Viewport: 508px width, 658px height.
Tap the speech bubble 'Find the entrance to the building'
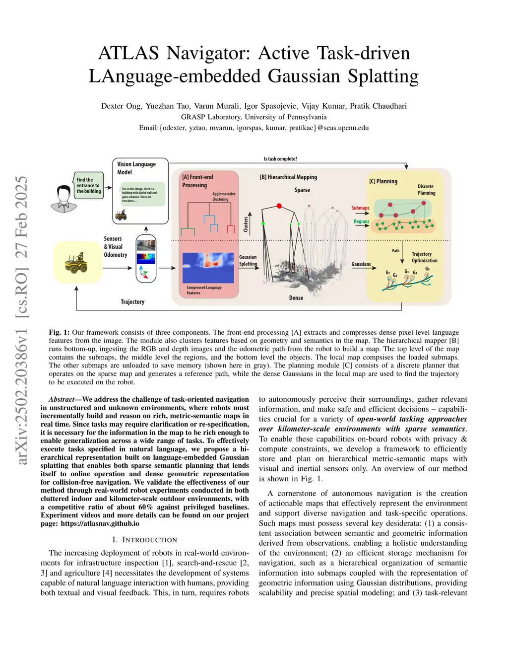pyautogui.click(x=88, y=185)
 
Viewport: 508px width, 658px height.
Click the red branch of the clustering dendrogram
pyautogui.click(x=230, y=228)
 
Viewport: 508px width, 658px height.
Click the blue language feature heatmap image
pyautogui.click(x=208, y=268)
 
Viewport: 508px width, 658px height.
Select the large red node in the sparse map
pyautogui.click(x=279, y=206)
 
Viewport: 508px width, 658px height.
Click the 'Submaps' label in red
pyautogui.click(x=360, y=208)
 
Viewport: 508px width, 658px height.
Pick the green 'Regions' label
pyautogui.click(x=361, y=221)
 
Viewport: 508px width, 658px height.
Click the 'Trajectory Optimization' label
pyautogui.click(x=424, y=257)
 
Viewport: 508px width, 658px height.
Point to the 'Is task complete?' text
pyautogui.click(x=280, y=159)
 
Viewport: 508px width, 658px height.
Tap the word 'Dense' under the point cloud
pyautogui.click(x=296, y=297)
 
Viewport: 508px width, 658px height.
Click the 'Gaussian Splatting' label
pyautogui.click(x=248, y=260)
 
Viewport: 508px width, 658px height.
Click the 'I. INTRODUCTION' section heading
pyautogui.click(x=144, y=540)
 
